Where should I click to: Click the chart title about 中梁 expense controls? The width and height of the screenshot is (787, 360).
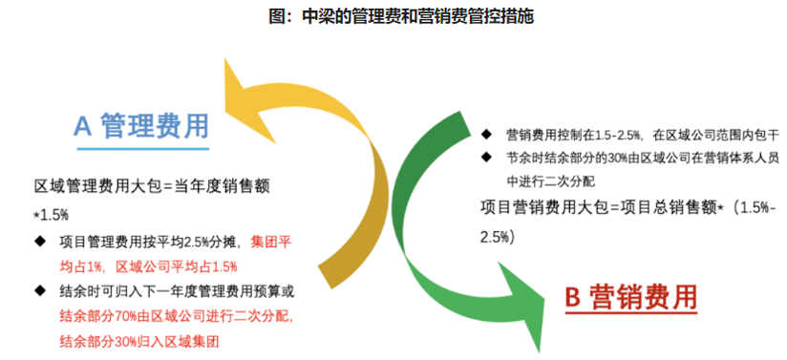(x=393, y=16)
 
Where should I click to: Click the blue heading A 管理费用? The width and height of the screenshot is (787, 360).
(x=141, y=127)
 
